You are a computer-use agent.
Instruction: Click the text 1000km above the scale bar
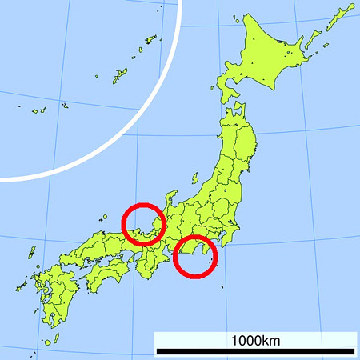click(255, 340)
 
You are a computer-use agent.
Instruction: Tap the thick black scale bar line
click(255, 351)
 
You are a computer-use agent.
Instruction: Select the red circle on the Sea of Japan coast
click(143, 222)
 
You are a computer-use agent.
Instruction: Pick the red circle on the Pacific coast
click(195, 257)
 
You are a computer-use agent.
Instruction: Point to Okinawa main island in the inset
click(37, 110)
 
